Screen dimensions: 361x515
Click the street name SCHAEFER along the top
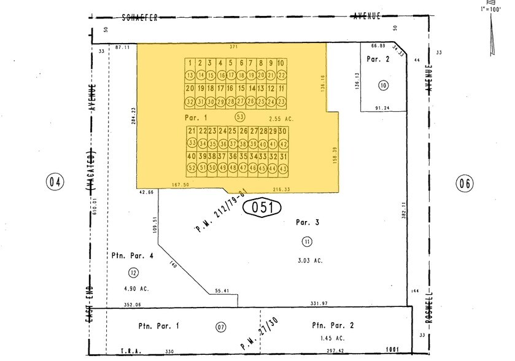coord(140,17)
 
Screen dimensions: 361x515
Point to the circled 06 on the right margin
coord(465,182)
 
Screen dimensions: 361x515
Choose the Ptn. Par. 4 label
coord(128,255)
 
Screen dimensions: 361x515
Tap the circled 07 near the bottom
coord(220,327)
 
